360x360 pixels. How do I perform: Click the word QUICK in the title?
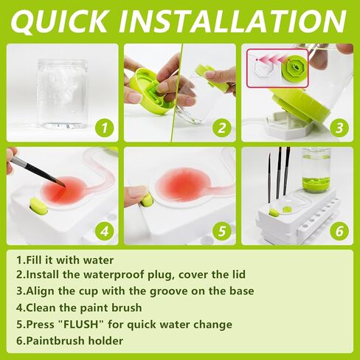tap(59, 21)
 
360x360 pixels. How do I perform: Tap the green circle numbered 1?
tap(105, 128)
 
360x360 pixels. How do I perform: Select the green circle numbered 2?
tap(222, 128)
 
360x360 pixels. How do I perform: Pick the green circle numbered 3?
tap(339, 128)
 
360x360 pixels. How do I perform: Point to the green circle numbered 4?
tap(105, 232)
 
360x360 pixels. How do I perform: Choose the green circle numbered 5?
tap(222, 232)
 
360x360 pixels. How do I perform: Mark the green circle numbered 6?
tap(339, 232)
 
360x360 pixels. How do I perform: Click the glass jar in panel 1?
tap(63, 94)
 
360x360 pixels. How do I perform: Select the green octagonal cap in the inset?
tap(294, 67)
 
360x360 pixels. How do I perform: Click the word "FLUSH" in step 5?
tap(80, 325)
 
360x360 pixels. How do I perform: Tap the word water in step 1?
tap(98, 260)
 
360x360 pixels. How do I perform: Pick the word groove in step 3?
tap(168, 291)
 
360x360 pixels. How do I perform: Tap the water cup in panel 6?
tap(316, 170)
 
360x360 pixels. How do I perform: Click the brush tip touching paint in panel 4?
tap(61, 184)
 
